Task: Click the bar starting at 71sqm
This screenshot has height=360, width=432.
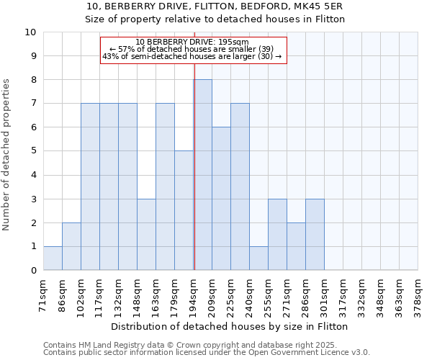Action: (x=53, y=258)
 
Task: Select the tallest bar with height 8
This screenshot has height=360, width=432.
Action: (x=203, y=175)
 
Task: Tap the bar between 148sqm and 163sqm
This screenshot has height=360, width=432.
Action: (x=146, y=235)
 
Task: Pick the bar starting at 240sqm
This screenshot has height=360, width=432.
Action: (x=258, y=258)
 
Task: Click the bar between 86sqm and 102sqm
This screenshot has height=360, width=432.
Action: (x=71, y=246)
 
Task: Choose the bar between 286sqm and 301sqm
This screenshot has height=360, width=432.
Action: (x=315, y=235)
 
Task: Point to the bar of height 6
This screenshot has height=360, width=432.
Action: (x=221, y=199)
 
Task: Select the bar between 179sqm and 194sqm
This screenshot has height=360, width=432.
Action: (x=184, y=211)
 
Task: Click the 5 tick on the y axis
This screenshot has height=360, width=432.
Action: (x=34, y=151)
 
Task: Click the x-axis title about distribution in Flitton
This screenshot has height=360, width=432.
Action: (x=230, y=326)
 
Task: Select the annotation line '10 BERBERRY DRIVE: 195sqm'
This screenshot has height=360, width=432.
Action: (x=192, y=42)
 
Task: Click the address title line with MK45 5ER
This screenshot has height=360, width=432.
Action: (x=215, y=6)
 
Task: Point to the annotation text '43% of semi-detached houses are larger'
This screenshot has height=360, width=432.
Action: (x=192, y=56)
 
